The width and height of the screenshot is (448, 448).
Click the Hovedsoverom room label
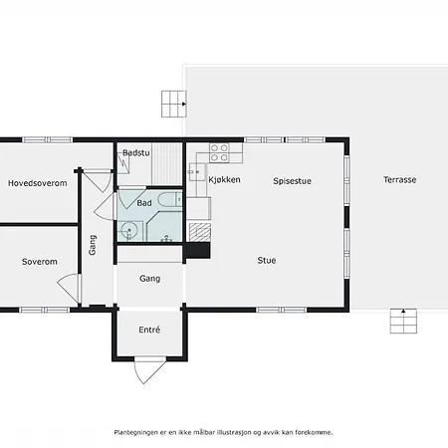[x=37, y=183]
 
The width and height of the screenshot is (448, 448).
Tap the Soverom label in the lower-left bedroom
[x=39, y=262]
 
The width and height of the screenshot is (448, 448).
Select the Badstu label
[x=136, y=152]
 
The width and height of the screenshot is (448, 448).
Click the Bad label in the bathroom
[x=144, y=203]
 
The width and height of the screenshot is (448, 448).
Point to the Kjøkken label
[x=225, y=180]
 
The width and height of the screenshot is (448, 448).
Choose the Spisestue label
[x=294, y=180]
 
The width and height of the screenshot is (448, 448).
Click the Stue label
[x=267, y=261]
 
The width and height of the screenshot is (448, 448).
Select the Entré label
[x=149, y=330]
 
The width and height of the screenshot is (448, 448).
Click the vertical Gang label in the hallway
[x=93, y=244]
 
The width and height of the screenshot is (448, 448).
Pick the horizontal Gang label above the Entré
[x=149, y=279]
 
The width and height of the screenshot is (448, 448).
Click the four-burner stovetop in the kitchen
[x=219, y=153]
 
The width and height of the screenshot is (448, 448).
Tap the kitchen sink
[x=195, y=171]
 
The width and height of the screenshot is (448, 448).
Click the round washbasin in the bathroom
[x=127, y=232]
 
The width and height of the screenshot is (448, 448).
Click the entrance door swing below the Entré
[x=147, y=372]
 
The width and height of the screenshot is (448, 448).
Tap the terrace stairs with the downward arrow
[x=402, y=322]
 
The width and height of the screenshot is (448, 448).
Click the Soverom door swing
[x=70, y=290]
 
